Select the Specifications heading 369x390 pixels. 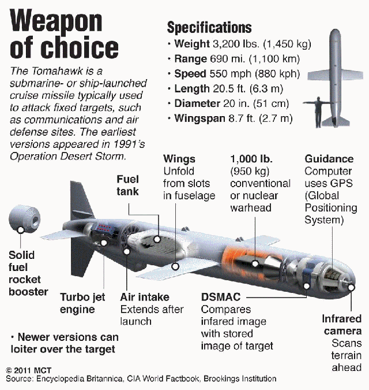point(209,27)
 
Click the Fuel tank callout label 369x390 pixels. point(127,185)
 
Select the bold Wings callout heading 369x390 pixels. point(179,158)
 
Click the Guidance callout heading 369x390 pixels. point(329,158)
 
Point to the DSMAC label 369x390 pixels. point(221,297)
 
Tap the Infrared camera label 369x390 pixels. point(341,325)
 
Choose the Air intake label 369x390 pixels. point(145,297)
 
